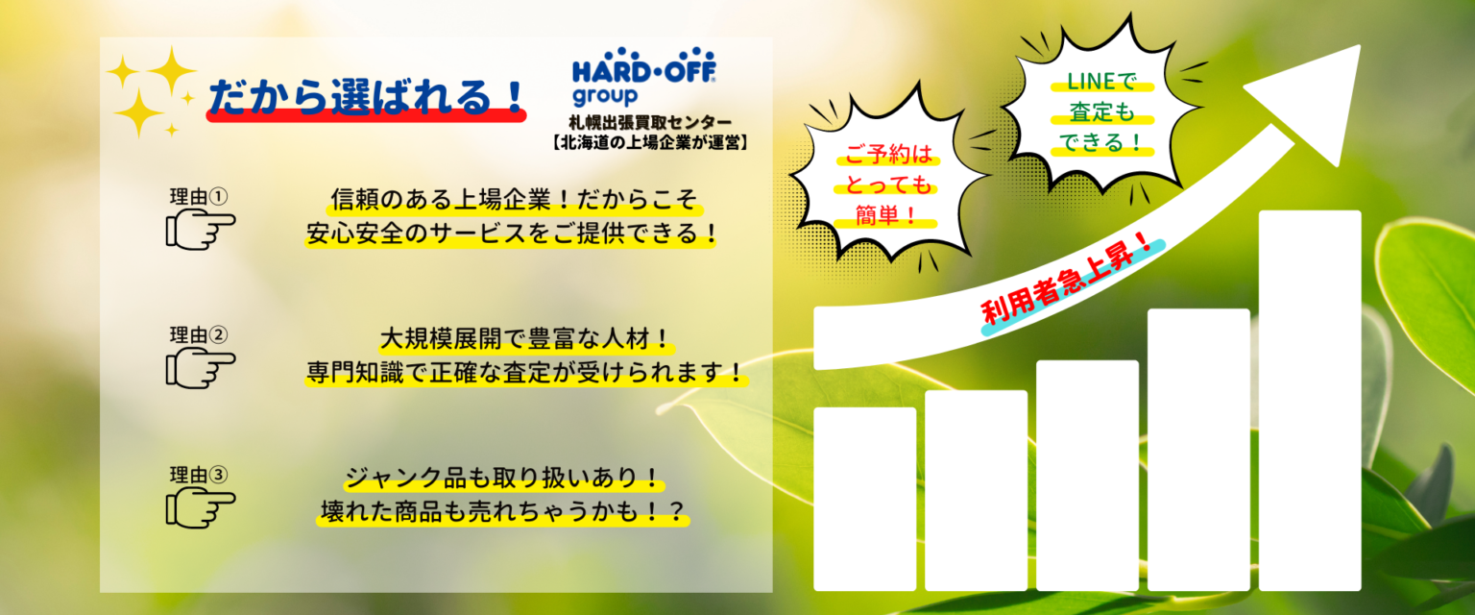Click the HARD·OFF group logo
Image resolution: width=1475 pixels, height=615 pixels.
pyautogui.click(x=643, y=77)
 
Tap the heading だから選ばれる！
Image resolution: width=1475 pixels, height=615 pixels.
pyautogui.click(x=366, y=98)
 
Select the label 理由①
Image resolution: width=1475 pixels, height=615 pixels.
pyautogui.click(x=198, y=196)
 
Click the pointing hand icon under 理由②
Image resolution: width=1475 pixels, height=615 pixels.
pyautogui.click(x=200, y=368)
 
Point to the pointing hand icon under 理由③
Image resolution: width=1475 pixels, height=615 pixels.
pyautogui.click(x=200, y=507)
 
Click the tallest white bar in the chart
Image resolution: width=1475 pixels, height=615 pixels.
pyautogui.click(x=1310, y=401)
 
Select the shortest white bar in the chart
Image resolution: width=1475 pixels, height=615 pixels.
pyautogui.click(x=864, y=499)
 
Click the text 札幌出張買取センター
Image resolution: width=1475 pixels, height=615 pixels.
pyautogui.click(x=650, y=122)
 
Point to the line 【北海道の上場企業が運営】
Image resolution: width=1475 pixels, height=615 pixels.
pyautogui.click(x=650, y=142)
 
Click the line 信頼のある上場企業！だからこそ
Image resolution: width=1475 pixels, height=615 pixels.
pyautogui.click(x=514, y=199)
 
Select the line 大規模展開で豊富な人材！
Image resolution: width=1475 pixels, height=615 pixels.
pyautogui.click(x=526, y=339)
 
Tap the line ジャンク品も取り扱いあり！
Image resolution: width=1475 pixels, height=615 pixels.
pyautogui.click(x=503, y=478)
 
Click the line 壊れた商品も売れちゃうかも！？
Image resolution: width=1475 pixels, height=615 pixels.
pyautogui.click(x=503, y=511)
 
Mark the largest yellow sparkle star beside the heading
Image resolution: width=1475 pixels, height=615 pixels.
pyautogui.click(x=172, y=70)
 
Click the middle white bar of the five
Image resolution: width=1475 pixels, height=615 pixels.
pyautogui.click(x=1087, y=476)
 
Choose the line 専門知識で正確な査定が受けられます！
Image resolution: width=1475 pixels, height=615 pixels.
pyautogui.click(x=526, y=373)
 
